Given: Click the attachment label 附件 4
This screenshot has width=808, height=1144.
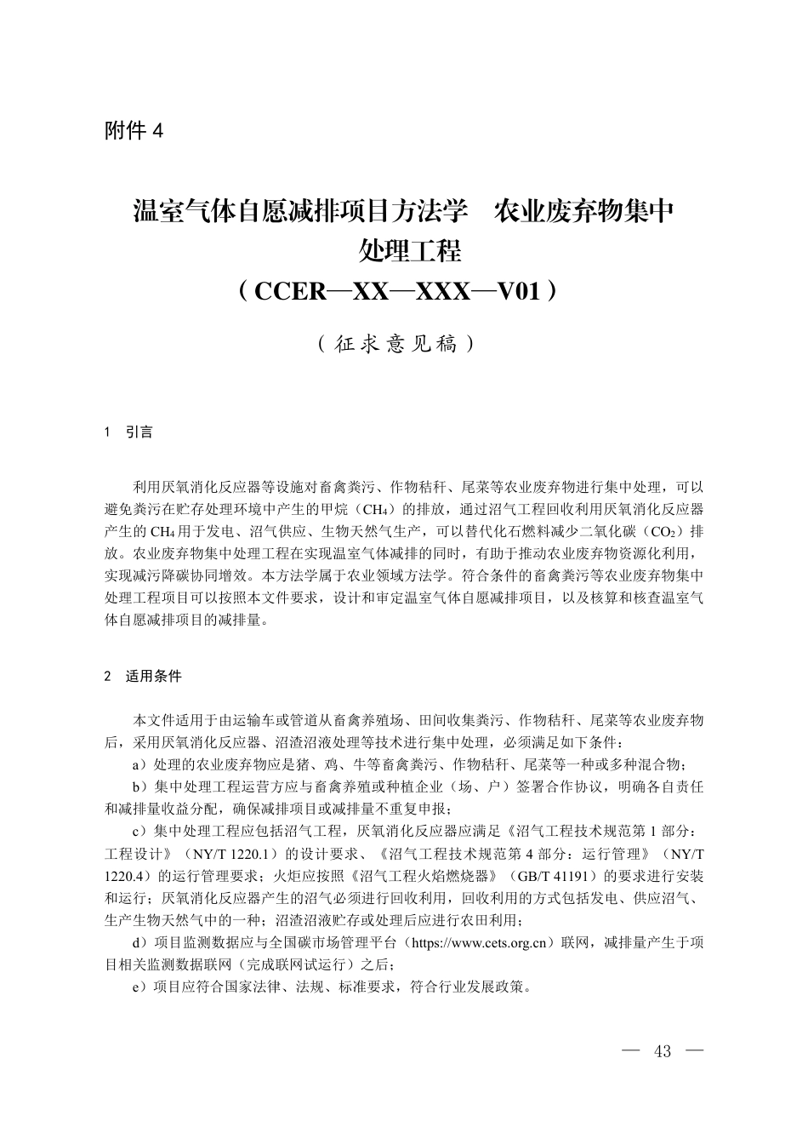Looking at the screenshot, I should point(133,131).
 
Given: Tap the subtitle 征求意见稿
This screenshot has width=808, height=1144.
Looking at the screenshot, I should point(395,345).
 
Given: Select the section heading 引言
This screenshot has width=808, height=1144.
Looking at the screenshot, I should point(139,432).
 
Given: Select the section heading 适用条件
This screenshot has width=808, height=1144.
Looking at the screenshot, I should point(154,677).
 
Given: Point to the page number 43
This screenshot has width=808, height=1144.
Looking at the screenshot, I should point(663,1051).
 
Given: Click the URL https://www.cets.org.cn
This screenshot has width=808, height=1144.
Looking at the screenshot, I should point(480,943).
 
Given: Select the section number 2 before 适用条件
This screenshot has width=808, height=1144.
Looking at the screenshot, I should point(108,677).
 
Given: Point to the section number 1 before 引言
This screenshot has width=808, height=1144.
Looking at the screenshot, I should point(108,432).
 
